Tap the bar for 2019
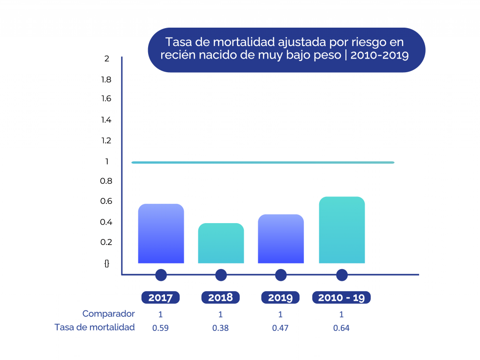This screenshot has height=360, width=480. point(281,239)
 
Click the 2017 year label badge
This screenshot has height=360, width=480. point(161,298)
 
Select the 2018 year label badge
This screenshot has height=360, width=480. point(220,298)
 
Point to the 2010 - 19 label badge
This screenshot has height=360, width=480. point(342,298)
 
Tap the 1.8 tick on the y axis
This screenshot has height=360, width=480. point(106,79)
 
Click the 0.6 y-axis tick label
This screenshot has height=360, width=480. point(106,201)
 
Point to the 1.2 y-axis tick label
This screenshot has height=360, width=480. point(106,141)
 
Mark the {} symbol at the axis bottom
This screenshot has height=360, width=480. point(107,263)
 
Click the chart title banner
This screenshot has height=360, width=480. point(286,50)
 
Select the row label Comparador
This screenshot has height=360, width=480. point(109,314)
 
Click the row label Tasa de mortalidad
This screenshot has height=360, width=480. point(95,327)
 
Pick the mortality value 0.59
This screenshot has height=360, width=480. point(161,328)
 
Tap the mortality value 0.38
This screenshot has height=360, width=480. point(220,328)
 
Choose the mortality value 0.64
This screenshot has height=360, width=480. point(341,328)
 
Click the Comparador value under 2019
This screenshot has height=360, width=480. point(280,314)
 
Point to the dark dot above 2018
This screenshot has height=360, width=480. point(221,275)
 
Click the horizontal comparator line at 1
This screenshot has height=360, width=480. point(262,163)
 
